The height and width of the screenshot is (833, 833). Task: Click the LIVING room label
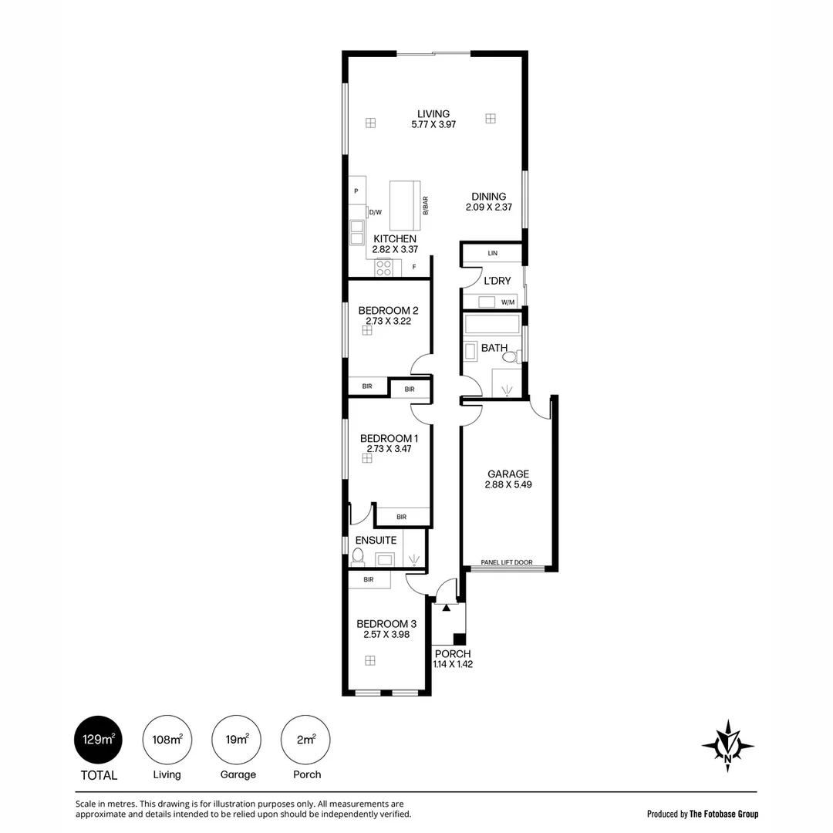point(433,113)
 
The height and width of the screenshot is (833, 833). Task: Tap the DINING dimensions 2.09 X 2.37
point(489,207)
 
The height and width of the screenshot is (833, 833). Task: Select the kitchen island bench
point(405,205)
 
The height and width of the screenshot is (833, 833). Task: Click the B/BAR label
point(426,206)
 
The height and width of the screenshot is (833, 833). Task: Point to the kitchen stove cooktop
point(383,267)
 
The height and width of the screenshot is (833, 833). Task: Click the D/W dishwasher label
point(375,213)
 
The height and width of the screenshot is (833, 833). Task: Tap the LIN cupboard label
point(492,254)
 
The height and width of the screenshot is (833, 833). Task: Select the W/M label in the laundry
point(508,302)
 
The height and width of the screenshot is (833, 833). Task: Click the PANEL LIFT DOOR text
point(506,562)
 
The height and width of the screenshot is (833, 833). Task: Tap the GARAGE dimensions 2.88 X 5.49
point(508,484)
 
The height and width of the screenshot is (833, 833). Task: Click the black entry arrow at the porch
point(447,607)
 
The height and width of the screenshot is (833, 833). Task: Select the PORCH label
point(453,654)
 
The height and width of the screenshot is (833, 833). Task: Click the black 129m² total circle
point(98,740)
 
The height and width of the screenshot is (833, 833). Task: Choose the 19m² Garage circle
point(237,740)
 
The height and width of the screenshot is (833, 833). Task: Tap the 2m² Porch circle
point(305,740)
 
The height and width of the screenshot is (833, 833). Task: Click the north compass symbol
point(728,746)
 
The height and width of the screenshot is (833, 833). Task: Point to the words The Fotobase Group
point(723,814)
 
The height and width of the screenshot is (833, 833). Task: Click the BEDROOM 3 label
point(386,624)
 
